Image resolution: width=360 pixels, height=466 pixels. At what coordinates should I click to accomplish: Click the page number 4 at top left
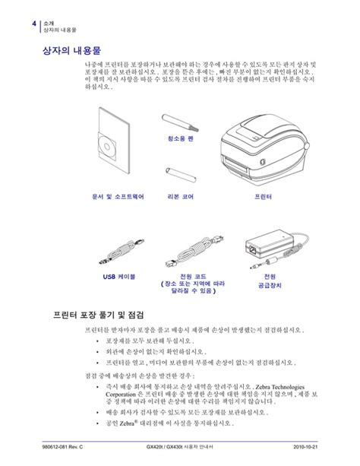(34, 24)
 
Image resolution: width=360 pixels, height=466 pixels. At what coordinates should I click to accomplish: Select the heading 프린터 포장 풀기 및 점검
(99, 314)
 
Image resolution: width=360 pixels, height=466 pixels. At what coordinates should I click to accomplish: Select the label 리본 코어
(180, 195)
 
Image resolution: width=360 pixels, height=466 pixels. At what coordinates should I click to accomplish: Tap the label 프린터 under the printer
(262, 195)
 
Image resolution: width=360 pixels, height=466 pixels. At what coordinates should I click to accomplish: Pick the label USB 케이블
(118, 277)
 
